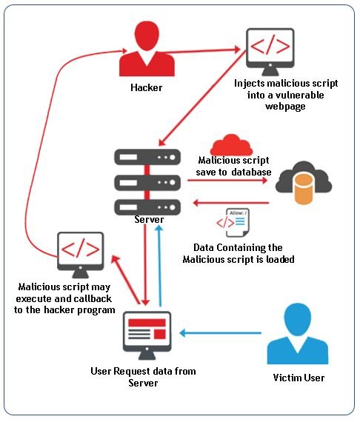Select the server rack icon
(148, 180)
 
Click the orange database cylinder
(301, 189)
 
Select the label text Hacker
(147, 87)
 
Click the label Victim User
(299, 378)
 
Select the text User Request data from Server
(143, 376)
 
